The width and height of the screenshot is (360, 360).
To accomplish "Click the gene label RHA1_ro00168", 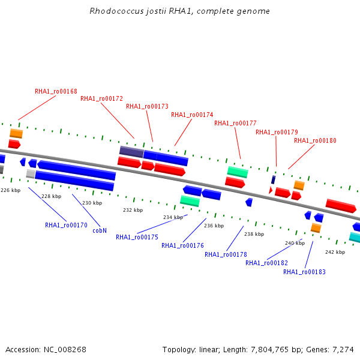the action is tap(56, 91).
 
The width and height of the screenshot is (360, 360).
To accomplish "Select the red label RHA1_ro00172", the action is tap(101, 99).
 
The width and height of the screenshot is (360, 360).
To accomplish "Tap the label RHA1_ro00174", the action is tap(192, 115).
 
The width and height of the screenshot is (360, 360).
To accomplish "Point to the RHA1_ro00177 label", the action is tap(235, 123).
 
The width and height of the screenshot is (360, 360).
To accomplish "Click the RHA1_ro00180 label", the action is tap(315, 140).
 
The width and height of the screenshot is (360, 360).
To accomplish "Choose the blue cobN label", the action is tap(100, 230).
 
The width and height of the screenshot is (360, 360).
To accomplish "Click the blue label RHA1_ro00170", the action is tap(66, 225).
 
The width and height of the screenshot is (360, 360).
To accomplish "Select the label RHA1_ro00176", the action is tap(182, 245).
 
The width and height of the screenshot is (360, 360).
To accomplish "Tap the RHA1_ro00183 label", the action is tap(304, 272).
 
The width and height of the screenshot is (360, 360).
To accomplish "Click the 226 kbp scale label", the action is tap(11, 190).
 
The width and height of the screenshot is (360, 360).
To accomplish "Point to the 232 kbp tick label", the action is tap(133, 210).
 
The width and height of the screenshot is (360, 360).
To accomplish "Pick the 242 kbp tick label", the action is tap(335, 252).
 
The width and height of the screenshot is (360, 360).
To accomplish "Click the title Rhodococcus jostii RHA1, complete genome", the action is tap(180, 11).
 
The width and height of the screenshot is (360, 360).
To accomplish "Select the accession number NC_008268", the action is tap(65, 350).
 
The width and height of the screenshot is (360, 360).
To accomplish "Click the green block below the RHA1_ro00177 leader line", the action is tap(238, 172).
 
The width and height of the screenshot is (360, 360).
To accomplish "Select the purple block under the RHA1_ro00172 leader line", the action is tap(131, 152).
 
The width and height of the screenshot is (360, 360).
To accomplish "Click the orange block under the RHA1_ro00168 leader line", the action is tap(16, 133).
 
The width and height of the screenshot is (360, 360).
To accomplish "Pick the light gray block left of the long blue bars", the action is tap(31, 174).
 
